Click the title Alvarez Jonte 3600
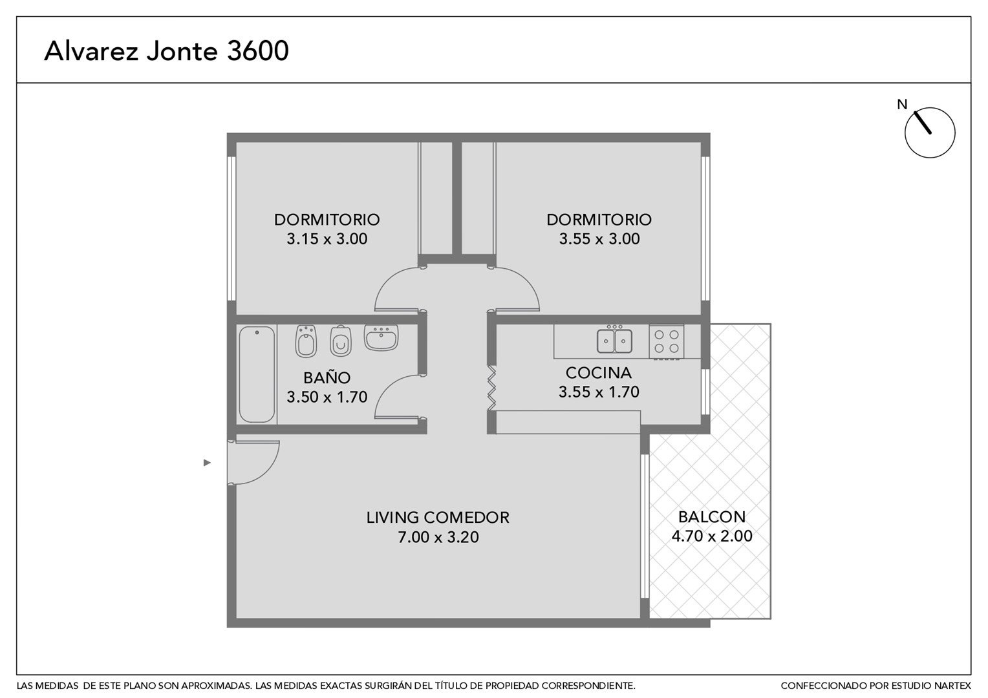166,50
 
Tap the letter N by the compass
902,105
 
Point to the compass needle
923,122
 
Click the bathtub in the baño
257,374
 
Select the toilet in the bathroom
341,341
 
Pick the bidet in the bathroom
306,341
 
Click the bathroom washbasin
381,337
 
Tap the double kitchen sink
614,339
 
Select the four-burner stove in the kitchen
666,342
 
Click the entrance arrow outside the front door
207,463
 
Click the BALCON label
712,517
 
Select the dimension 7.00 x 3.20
438,537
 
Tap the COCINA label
599,373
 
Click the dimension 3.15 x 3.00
327,238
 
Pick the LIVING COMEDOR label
438,517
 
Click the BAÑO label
327,377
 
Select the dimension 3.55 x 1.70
599,392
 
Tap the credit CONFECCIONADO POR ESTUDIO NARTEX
876,686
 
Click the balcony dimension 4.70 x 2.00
712,536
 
